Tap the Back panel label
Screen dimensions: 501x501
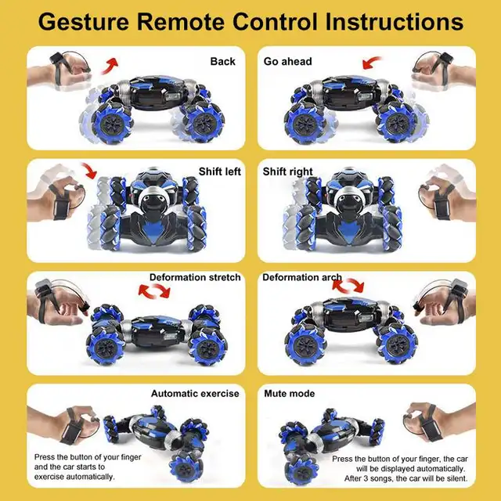(x=223, y=61)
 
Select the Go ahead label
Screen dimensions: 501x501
(x=287, y=61)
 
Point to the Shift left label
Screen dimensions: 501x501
(x=220, y=171)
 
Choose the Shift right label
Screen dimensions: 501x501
(x=288, y=171)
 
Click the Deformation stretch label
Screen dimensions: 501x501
(x=195, y=278)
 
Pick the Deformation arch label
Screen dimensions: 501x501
(x=302, y=278)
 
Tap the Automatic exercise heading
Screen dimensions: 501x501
(x=195, y=394)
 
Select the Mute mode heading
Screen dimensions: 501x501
(x=289, y=394)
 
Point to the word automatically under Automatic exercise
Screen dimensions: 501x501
(x=89, y=476)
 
